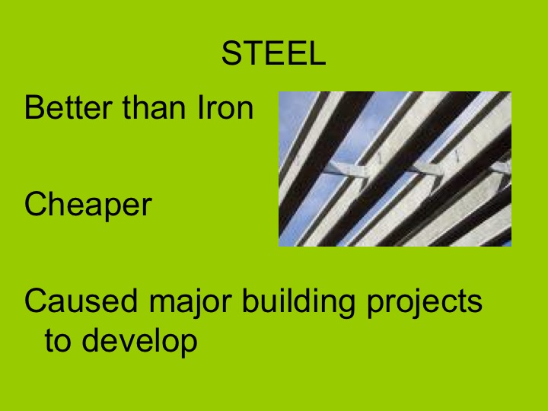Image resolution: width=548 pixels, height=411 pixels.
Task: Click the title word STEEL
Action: pos(273,53)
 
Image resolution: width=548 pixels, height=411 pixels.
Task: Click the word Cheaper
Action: pos(88,205)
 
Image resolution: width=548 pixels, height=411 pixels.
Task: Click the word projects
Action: pos(423,303)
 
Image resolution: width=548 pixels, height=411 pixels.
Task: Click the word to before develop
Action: pos(58,341)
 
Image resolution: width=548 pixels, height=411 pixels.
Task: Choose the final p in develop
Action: pos(188,344)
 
